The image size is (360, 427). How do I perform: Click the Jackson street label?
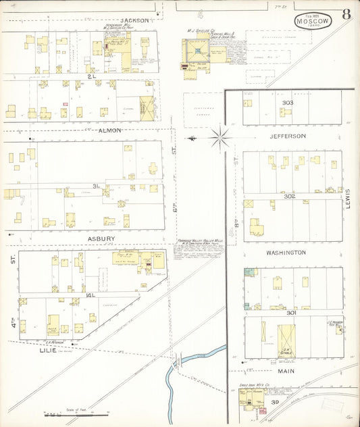tap(135, 20)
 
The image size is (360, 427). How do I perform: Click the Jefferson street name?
tap(288, 136)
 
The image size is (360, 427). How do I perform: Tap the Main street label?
tap(287, 370)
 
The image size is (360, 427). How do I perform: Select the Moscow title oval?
tap(313, 21)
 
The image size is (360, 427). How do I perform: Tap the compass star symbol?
tap(220, 138)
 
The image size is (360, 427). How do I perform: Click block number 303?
tap(288, 103)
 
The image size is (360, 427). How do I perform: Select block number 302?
tap(290, 196)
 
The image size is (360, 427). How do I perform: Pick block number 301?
tap(291, 313)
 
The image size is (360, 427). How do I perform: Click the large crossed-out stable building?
tap(286, 341)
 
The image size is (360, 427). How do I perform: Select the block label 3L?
tap(97, 185)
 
